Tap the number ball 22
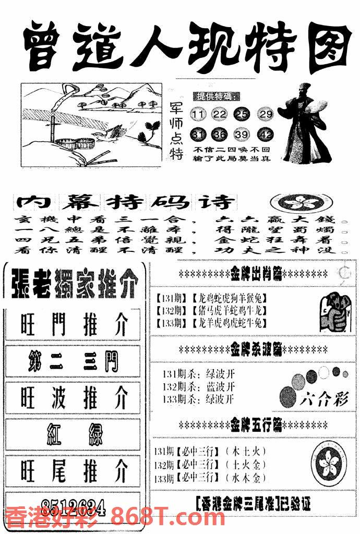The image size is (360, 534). click(x=220, y=114)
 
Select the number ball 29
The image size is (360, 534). click(x=266, y=114)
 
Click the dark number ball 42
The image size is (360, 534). click(x=266, y=135)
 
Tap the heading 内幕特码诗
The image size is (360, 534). click(x=126, y=202)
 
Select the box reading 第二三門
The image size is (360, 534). click(x=73, y=361)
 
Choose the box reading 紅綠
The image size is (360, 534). click(x=73, y=434)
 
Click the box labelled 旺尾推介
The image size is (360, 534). click(x=73, y=470)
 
